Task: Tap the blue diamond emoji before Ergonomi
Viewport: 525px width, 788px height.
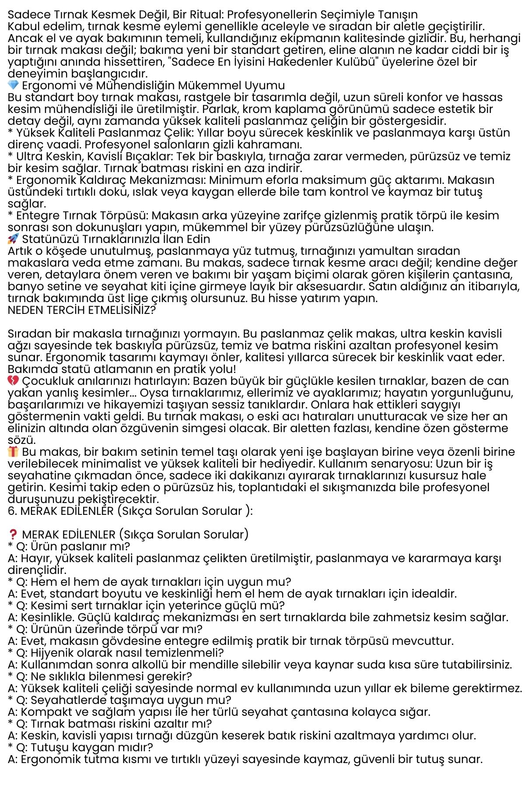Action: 14,85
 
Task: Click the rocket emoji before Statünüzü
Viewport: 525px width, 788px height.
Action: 14,239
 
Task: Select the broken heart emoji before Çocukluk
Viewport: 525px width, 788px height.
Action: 14,380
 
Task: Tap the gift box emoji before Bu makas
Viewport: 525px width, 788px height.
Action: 14,451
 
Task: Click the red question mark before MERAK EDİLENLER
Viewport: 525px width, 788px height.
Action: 14,535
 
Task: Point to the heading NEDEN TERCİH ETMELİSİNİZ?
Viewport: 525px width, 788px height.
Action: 82,310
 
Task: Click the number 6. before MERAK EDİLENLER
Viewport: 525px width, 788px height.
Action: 13,511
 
